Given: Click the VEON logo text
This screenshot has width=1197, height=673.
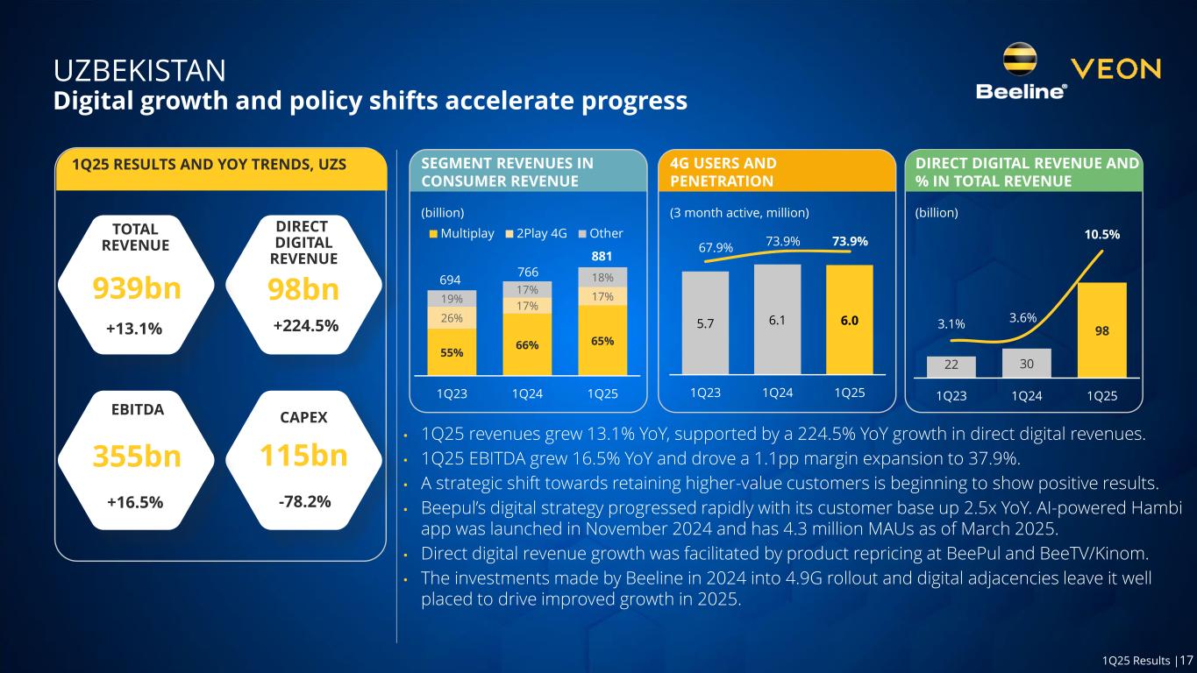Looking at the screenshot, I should coord(1116,69).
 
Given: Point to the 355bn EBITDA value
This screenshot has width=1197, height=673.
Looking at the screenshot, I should coord(136,457).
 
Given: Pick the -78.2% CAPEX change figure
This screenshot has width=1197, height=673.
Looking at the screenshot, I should coord(303,501).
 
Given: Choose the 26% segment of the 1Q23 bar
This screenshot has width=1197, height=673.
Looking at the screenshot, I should coord(452,317).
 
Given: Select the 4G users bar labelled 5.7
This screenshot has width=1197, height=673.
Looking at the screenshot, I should coord(705,322).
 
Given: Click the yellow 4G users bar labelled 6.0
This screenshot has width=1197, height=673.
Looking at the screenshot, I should coord(849,321).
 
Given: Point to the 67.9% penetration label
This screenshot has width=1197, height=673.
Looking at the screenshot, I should coord(716,248).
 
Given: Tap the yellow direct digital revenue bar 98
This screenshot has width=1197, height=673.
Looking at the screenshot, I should coord(1101,329).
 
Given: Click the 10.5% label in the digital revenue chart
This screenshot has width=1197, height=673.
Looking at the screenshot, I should coord(1101,235).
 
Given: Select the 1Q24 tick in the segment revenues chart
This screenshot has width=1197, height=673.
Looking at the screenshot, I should coord(527,394).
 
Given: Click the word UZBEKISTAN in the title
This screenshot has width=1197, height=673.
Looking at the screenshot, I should coord(139,69).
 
